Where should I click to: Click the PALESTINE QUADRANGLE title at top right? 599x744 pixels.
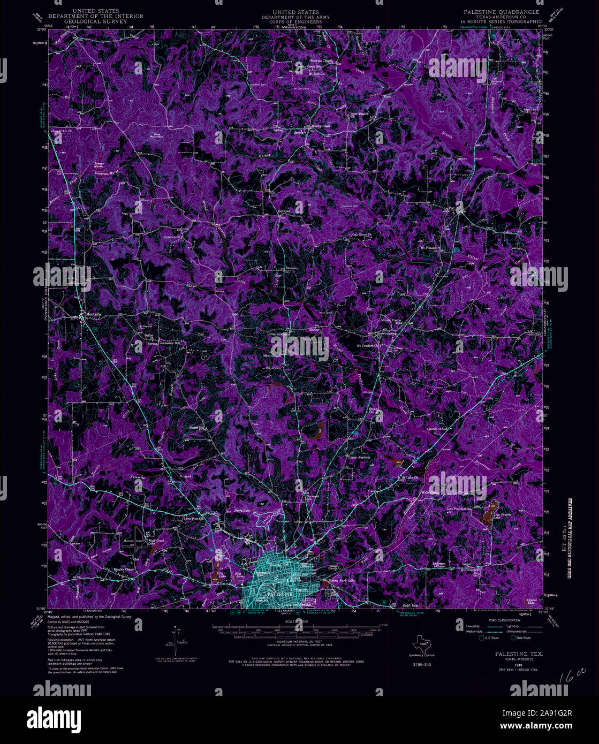coord(498,11)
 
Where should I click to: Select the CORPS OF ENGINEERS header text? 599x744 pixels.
coord(295,22)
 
